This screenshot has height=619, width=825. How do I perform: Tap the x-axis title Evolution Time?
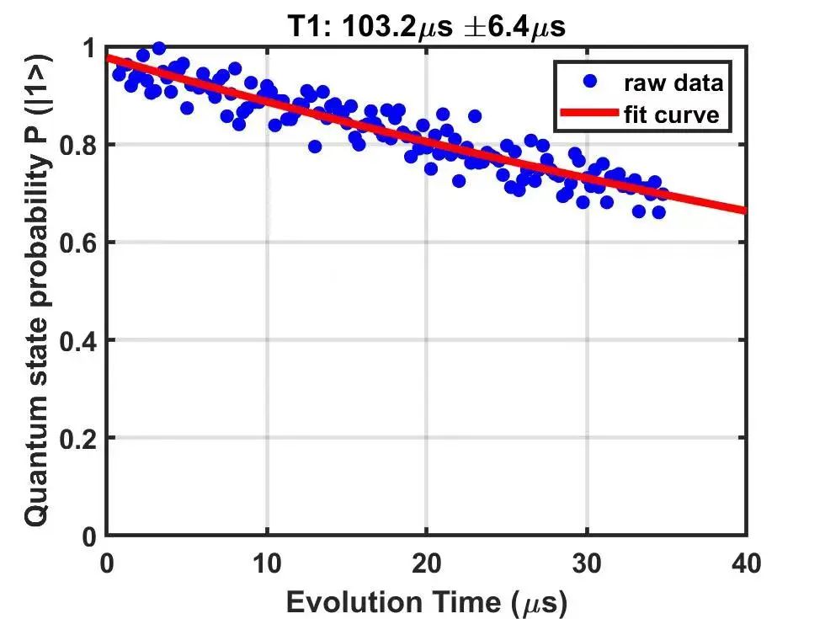[426, 602]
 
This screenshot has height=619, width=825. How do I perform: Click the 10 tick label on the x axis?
[266, 562]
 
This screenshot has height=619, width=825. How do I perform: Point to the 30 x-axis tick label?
[586, 562]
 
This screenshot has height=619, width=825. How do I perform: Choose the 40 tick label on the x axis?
[746, 562]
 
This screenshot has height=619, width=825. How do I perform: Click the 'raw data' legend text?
[673, 83]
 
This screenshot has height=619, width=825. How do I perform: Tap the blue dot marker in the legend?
[589, 82]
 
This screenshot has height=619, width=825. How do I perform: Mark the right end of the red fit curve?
[744, 210]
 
